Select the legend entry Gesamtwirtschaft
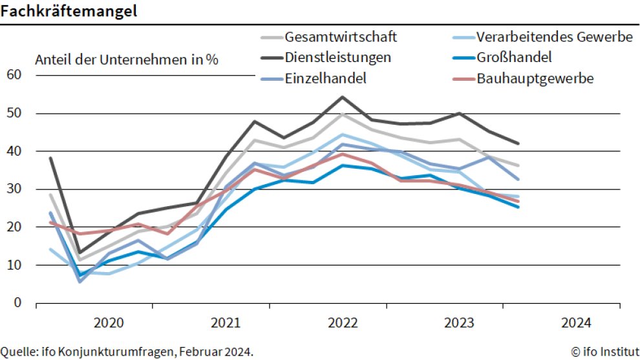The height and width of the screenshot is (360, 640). click(341, 36)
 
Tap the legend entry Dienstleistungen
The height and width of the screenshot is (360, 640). click(337, 57)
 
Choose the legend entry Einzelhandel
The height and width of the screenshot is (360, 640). click(326, 78)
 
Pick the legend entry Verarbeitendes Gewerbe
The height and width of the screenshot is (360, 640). click(554, 36)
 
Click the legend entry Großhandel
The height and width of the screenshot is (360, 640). click(514, 57)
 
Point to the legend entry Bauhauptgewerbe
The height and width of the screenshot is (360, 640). click(535, 78)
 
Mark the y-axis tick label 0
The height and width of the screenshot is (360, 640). click(17, 302)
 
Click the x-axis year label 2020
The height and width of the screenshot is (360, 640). click(108, 323)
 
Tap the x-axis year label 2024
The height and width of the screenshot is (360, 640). click(577, 323)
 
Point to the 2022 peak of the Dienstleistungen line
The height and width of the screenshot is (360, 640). click(342, 97)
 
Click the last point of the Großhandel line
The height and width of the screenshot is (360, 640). click(518, 207)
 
